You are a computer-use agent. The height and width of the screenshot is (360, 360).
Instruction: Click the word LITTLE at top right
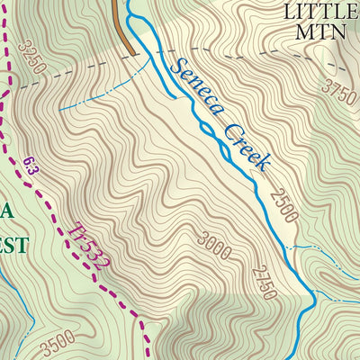click(x=320, y=11)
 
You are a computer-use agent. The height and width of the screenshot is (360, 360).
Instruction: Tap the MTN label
click(x=320, y=32)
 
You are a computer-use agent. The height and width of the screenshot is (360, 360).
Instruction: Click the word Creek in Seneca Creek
click(x=246, y=147)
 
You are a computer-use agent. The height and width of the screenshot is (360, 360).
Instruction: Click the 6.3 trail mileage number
click(x=31, y=165)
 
